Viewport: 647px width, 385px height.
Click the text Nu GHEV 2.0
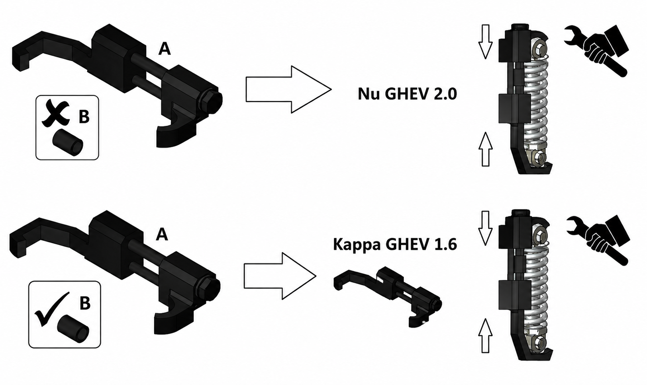(x=407, y=94)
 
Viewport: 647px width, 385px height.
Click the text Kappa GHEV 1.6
(x=395, y=245)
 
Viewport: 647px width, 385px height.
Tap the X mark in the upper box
(x=55, y=113)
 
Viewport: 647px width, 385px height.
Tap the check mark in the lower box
(x=52, y=309)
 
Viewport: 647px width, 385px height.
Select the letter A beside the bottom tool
(x=162, y=234)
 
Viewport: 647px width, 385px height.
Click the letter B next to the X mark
(x=84, y=117)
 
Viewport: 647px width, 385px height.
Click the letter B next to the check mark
(x=84, y=303)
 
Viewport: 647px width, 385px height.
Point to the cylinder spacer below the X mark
(x=68, y=142)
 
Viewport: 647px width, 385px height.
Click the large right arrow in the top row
(x=288, y=89)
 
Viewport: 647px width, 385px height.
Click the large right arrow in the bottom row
(x=280, y=276)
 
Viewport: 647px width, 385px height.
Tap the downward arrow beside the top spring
(x=485, y=42)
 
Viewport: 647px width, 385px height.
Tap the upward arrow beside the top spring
(x=485, y=149)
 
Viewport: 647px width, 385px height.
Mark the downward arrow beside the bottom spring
(x=485, y=228)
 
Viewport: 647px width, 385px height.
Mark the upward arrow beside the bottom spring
(x=485, y=336)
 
